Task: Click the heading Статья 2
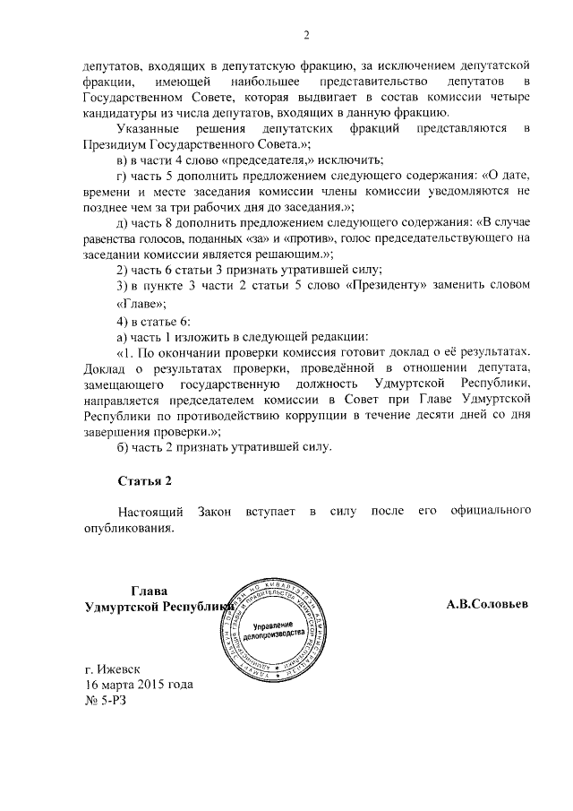(145, 481)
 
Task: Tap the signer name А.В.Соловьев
(487, 604)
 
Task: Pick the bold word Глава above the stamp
(150, 590)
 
